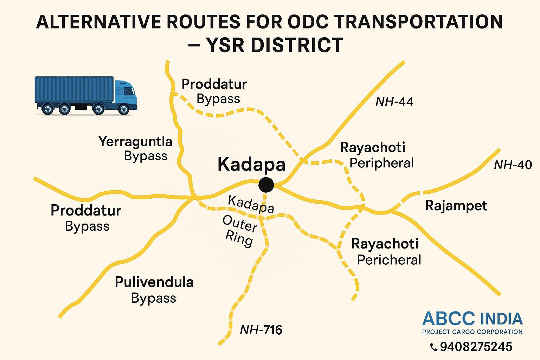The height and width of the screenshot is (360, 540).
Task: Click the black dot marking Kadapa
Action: tap(266, 185)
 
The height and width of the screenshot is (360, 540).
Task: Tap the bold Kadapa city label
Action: tap(251, 165)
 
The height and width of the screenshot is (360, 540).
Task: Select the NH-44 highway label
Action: tap(394, 102)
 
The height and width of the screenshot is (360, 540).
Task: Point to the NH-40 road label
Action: tap(513, 165)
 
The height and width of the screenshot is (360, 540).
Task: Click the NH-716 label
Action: tap(261, 330)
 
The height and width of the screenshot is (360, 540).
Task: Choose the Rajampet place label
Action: tap(456, 206)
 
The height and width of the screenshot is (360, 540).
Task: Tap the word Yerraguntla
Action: tap(135, 142)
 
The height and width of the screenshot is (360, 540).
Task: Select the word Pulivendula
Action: tap(154, 282)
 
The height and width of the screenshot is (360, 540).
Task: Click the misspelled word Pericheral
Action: tap(389, 260)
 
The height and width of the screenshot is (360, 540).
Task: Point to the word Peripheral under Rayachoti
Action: tap(381, 163)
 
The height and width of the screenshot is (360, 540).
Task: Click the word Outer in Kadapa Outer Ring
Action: tap(240, 224)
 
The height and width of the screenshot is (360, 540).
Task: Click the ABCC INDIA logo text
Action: tap(472, 319)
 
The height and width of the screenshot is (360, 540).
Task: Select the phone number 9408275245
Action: tap(476, 347)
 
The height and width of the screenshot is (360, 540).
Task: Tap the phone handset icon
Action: tap(434, 347)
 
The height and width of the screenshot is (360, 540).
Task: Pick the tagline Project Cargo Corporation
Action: tap(472, 332)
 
